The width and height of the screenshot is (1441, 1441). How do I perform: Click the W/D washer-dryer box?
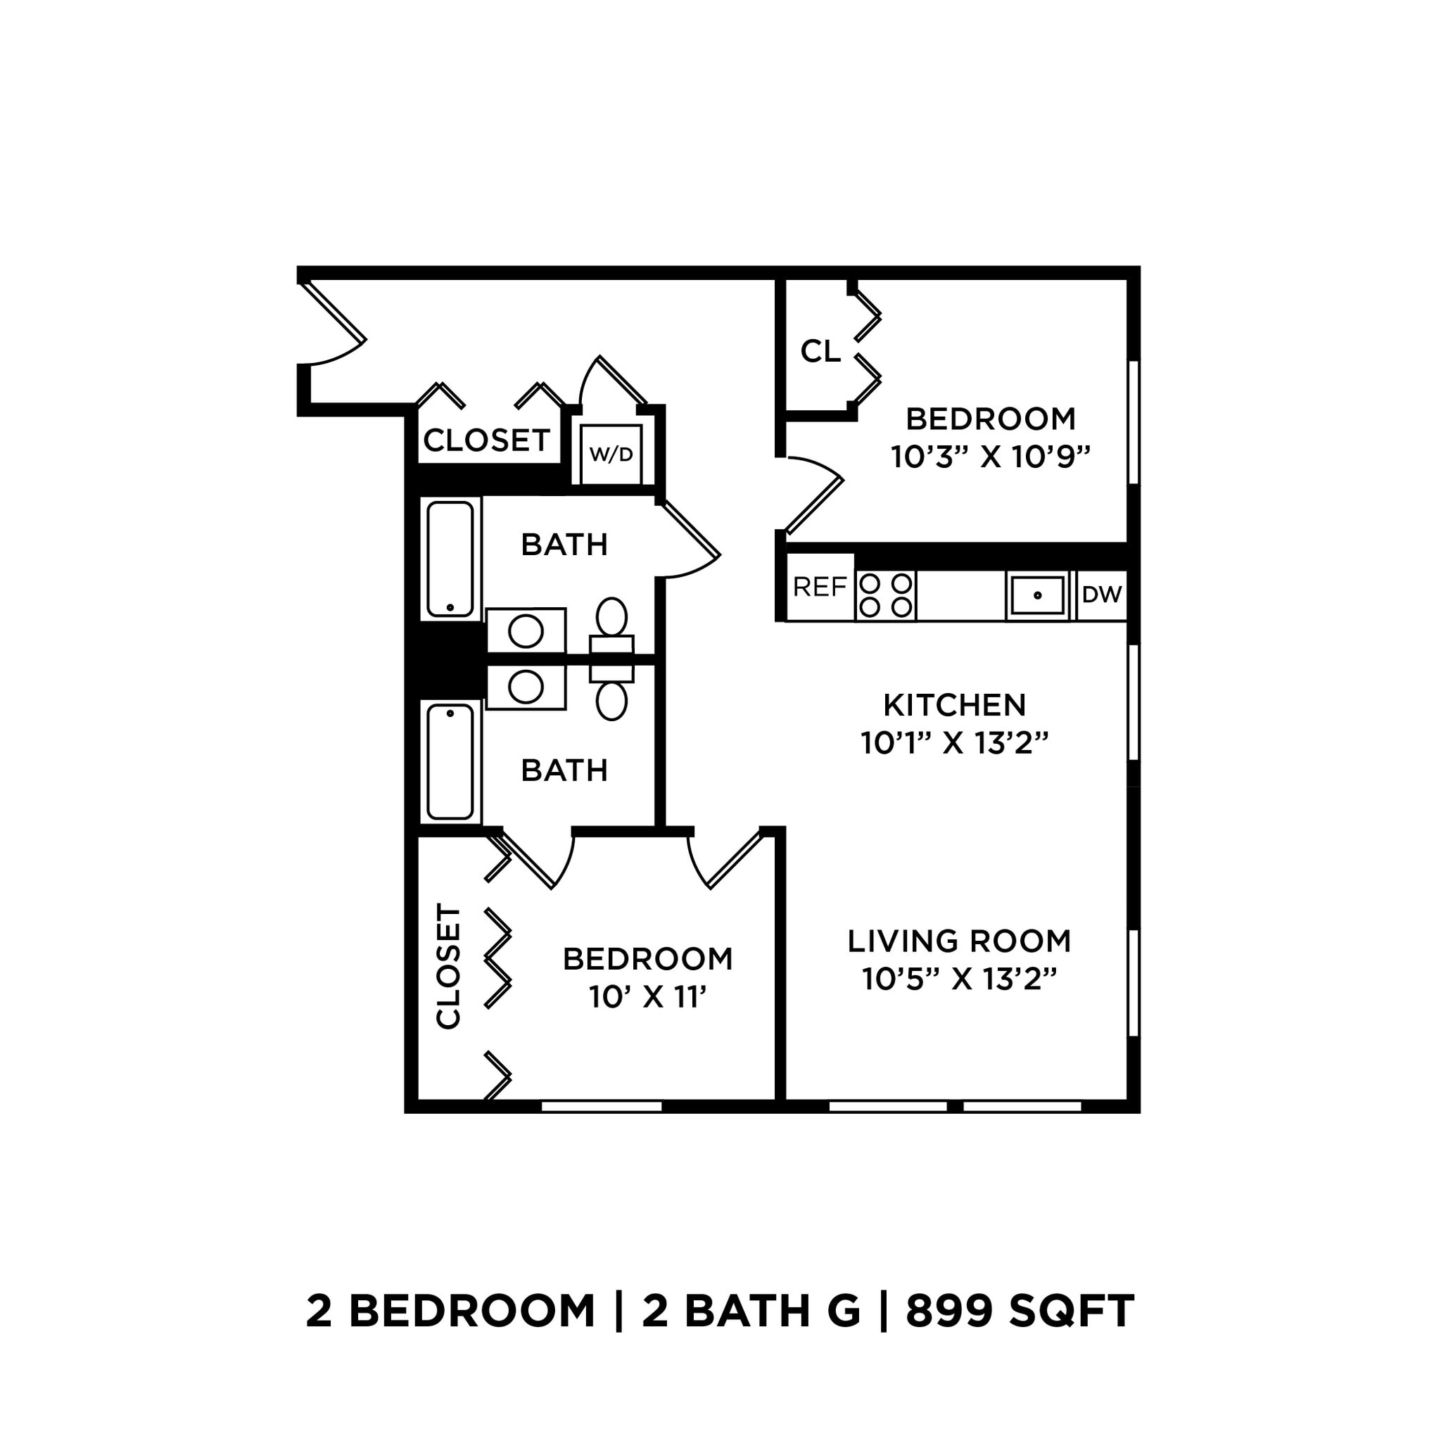point(611,455)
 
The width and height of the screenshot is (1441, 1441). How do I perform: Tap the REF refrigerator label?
point(820,588)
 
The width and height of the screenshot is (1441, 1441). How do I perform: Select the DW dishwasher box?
point(1102,595)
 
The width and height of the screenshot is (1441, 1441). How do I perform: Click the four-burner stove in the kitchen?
point(885,595)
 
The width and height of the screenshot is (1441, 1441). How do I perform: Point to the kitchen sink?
point(1036,595)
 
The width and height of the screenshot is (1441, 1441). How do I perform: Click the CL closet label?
point(820,350)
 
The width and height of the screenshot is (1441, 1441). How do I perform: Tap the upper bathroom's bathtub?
point(450,559)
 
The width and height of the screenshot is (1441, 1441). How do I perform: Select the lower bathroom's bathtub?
point(450,761)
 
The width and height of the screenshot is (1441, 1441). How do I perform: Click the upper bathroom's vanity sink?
point(526,631)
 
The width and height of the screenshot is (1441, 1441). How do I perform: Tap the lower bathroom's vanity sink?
point(526,687)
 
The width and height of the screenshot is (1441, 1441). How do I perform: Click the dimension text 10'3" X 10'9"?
point(991,457)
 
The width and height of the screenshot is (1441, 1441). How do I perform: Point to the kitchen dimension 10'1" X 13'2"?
point(955,743)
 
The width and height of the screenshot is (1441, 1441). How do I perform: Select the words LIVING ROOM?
point(959,941)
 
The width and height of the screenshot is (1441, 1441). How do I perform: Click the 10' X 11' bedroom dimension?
point(647,996)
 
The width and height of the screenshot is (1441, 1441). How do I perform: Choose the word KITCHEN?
point(955,705)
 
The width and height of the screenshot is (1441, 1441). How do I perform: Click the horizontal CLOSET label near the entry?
point(487,440)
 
